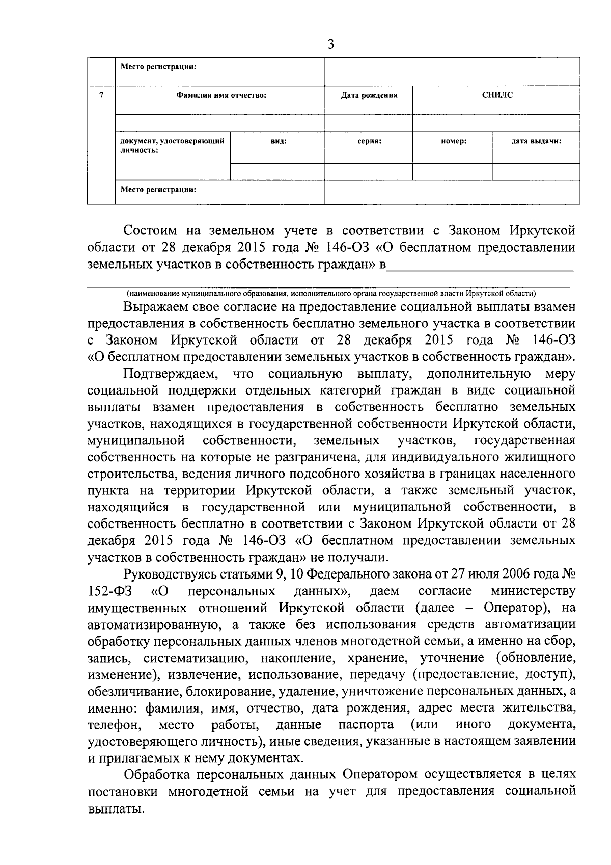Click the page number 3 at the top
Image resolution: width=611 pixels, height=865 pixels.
(x=330, y=45)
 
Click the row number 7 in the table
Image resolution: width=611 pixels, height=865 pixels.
(x=101, y=95)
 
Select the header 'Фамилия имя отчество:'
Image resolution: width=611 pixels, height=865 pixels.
(x=221, y=95)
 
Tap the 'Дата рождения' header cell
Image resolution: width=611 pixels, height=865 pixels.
(x=369, y=95)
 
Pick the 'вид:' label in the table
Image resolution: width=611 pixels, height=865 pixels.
(x=278, y=141)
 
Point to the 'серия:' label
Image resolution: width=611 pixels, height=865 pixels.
(x=369, y=141)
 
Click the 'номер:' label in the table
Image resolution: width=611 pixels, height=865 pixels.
(x=453, y=141)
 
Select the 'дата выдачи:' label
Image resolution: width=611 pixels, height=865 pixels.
(x=536, y=141)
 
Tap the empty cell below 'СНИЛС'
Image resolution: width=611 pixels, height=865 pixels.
(x=496, y=122)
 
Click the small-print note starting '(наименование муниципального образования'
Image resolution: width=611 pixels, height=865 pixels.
(x=331, y=293)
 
